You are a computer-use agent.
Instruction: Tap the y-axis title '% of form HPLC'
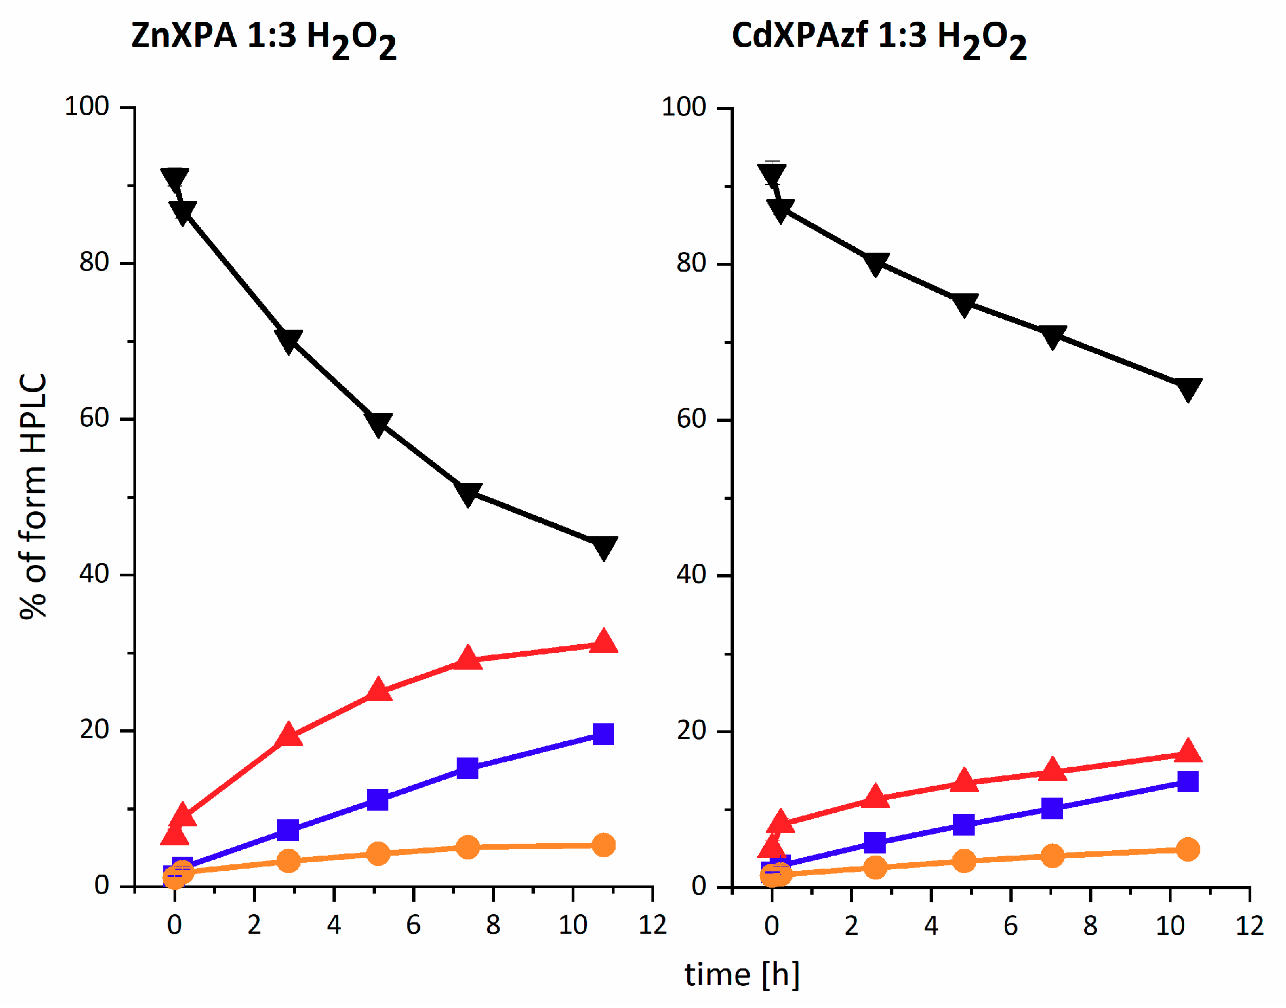click(33, 496)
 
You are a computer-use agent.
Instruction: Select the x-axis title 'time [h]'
click(742, 974)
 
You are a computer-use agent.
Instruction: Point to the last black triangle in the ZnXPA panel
click(603, 547)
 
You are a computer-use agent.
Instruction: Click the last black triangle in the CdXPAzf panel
click(1187, 388)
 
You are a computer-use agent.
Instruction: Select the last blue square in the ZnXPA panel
click(603, 734)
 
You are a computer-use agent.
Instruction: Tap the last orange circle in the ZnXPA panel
click(603, 845)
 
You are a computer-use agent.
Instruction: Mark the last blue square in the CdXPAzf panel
click(1187, 782)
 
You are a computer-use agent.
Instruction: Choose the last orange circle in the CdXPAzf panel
click(1187, 850)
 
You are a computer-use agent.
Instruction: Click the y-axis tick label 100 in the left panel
click(87, 107)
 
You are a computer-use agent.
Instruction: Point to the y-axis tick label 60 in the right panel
click(691, 419)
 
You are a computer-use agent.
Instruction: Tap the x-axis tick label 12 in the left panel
click(652, 925)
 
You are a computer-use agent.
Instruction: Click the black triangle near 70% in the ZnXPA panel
click(289, 340)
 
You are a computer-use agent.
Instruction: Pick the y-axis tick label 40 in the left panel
click(94, 574)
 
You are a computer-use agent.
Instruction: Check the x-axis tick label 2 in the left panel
click(254, 925)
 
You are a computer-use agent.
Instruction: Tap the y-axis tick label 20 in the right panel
click(691, 730)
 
